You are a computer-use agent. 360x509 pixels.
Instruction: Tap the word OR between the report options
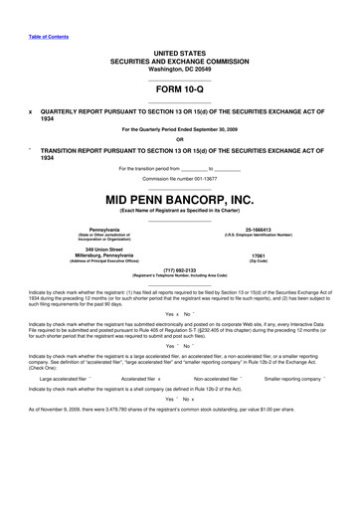pyautogui.click(x=179, y=138)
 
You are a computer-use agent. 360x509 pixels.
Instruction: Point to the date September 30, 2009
pyautogui.click(x=225, y=130)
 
